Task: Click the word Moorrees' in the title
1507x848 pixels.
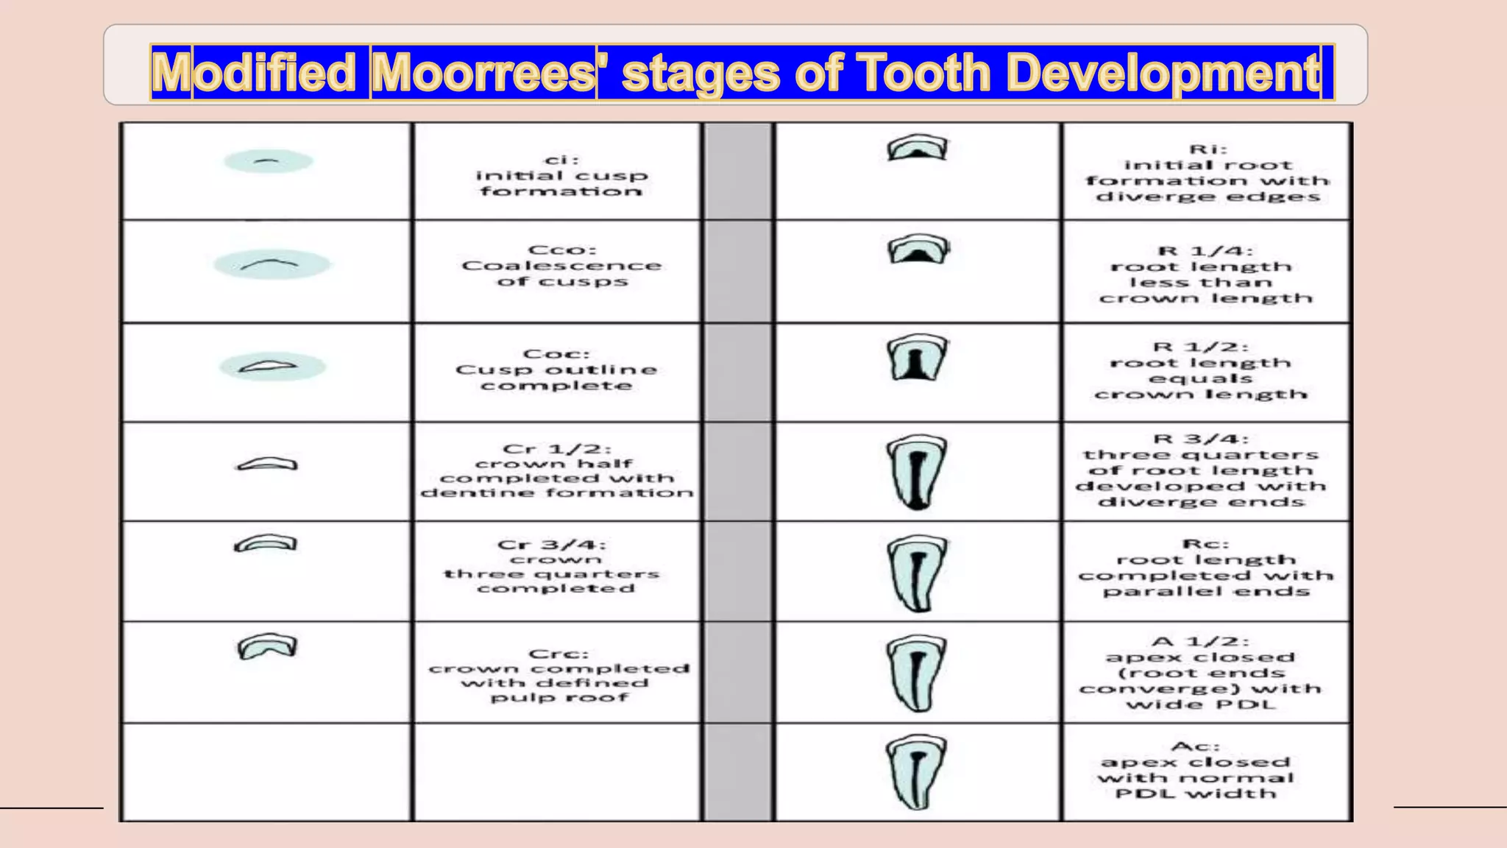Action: tap(483, 72)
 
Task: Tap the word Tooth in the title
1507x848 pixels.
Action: tap(923, 72)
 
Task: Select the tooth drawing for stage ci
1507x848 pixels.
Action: tap(268, 161)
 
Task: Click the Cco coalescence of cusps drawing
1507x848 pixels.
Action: tap(271, 264)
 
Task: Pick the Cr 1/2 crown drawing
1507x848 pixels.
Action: tap(267, 464)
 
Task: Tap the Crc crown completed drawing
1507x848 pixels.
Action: tap(266, 646)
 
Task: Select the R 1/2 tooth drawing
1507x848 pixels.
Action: tap(917, 358)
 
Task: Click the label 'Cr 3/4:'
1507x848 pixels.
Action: tap(552, 545)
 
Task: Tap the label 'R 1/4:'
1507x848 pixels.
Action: tap(1205, 251)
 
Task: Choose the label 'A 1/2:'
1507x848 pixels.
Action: tap(1200, 641)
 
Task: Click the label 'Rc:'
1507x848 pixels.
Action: tap(1205, 544)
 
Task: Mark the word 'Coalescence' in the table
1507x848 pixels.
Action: tap(561, 266)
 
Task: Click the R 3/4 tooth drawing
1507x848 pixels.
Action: tap(916, 472)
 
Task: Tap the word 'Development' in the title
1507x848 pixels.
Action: tap(1163, 72)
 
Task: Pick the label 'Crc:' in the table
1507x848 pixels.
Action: tap(559, 654)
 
